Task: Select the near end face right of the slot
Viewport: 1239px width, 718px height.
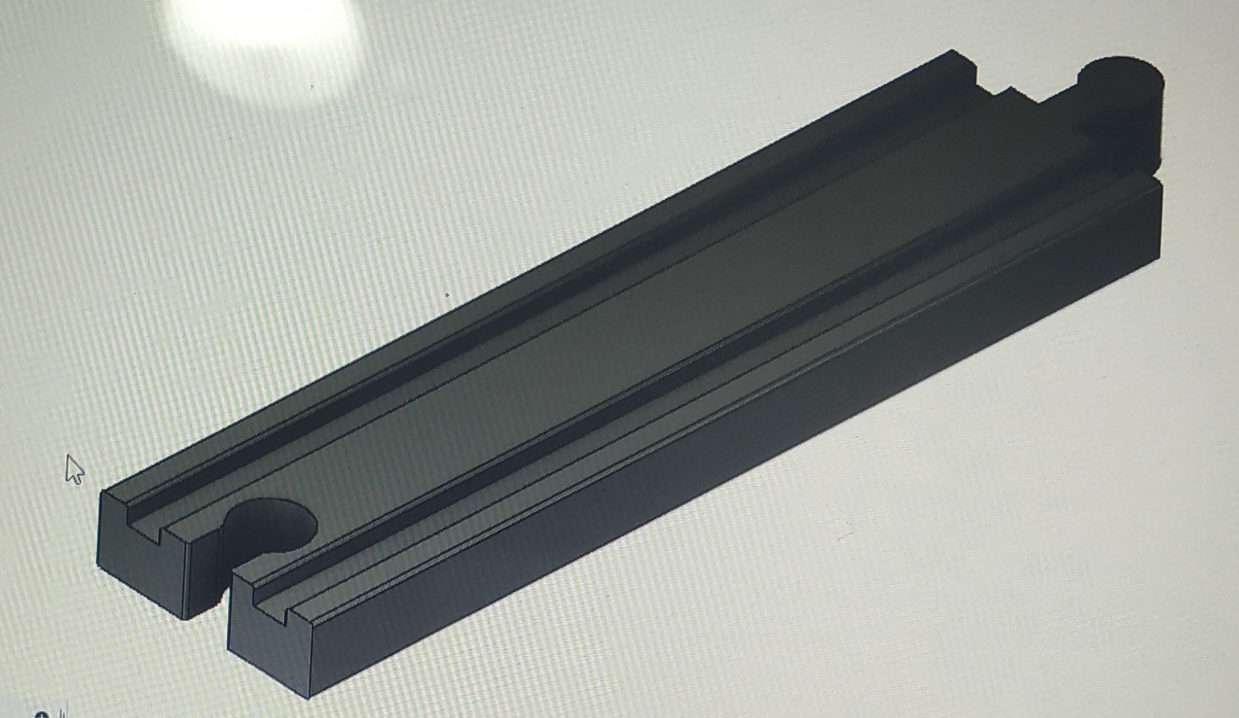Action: pyautogui.click(x=268, y=640)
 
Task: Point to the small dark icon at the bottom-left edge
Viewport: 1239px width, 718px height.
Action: pyautogui.click(x=43, y=714)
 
